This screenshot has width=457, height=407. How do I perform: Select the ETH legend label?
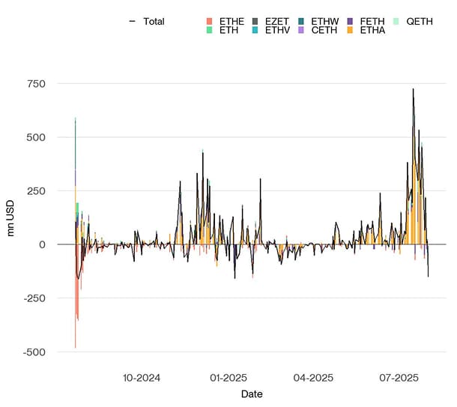pos(226,31)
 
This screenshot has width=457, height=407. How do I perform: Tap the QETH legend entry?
pos(419,22)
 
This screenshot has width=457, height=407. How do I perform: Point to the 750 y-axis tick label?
pos(37,83)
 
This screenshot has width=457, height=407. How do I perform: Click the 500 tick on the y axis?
pos(37,137)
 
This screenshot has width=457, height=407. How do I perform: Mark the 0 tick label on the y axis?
pos(42,244)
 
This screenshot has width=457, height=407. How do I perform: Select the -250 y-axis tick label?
pos(34,298)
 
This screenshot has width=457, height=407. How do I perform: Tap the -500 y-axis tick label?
pos(34,352)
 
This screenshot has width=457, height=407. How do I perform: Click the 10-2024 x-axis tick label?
pos(142,377)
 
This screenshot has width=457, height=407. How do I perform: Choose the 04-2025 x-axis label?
pos(312,377)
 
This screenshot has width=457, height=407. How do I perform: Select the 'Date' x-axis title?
pos(252,394)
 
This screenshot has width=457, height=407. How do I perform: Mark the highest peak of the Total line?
pos(413,89)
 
